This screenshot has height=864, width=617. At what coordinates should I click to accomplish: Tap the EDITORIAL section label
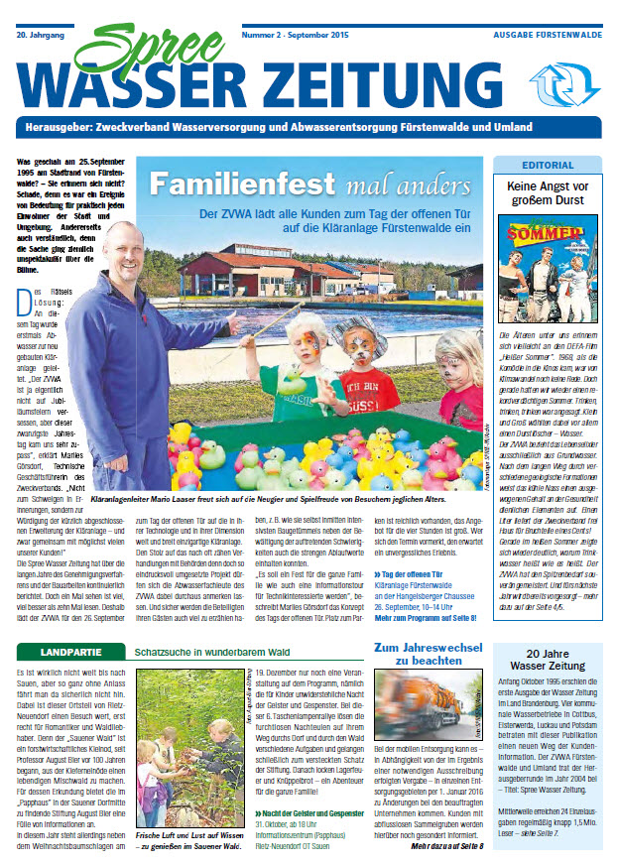click(549, 165)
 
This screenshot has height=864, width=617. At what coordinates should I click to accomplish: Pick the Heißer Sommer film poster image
click(549, 270)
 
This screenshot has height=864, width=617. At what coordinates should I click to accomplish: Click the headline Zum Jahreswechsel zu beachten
click(424, 656)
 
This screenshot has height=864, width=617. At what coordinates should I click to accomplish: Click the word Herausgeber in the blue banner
click(69, 130)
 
